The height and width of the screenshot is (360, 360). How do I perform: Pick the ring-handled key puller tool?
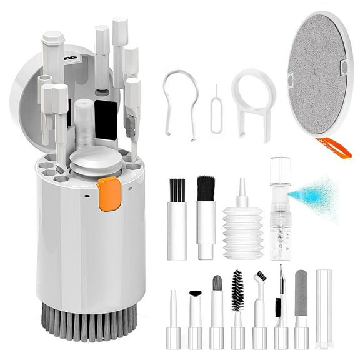tap(254, 99)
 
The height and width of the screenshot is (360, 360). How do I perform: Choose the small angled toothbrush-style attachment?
tap(259, 309)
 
